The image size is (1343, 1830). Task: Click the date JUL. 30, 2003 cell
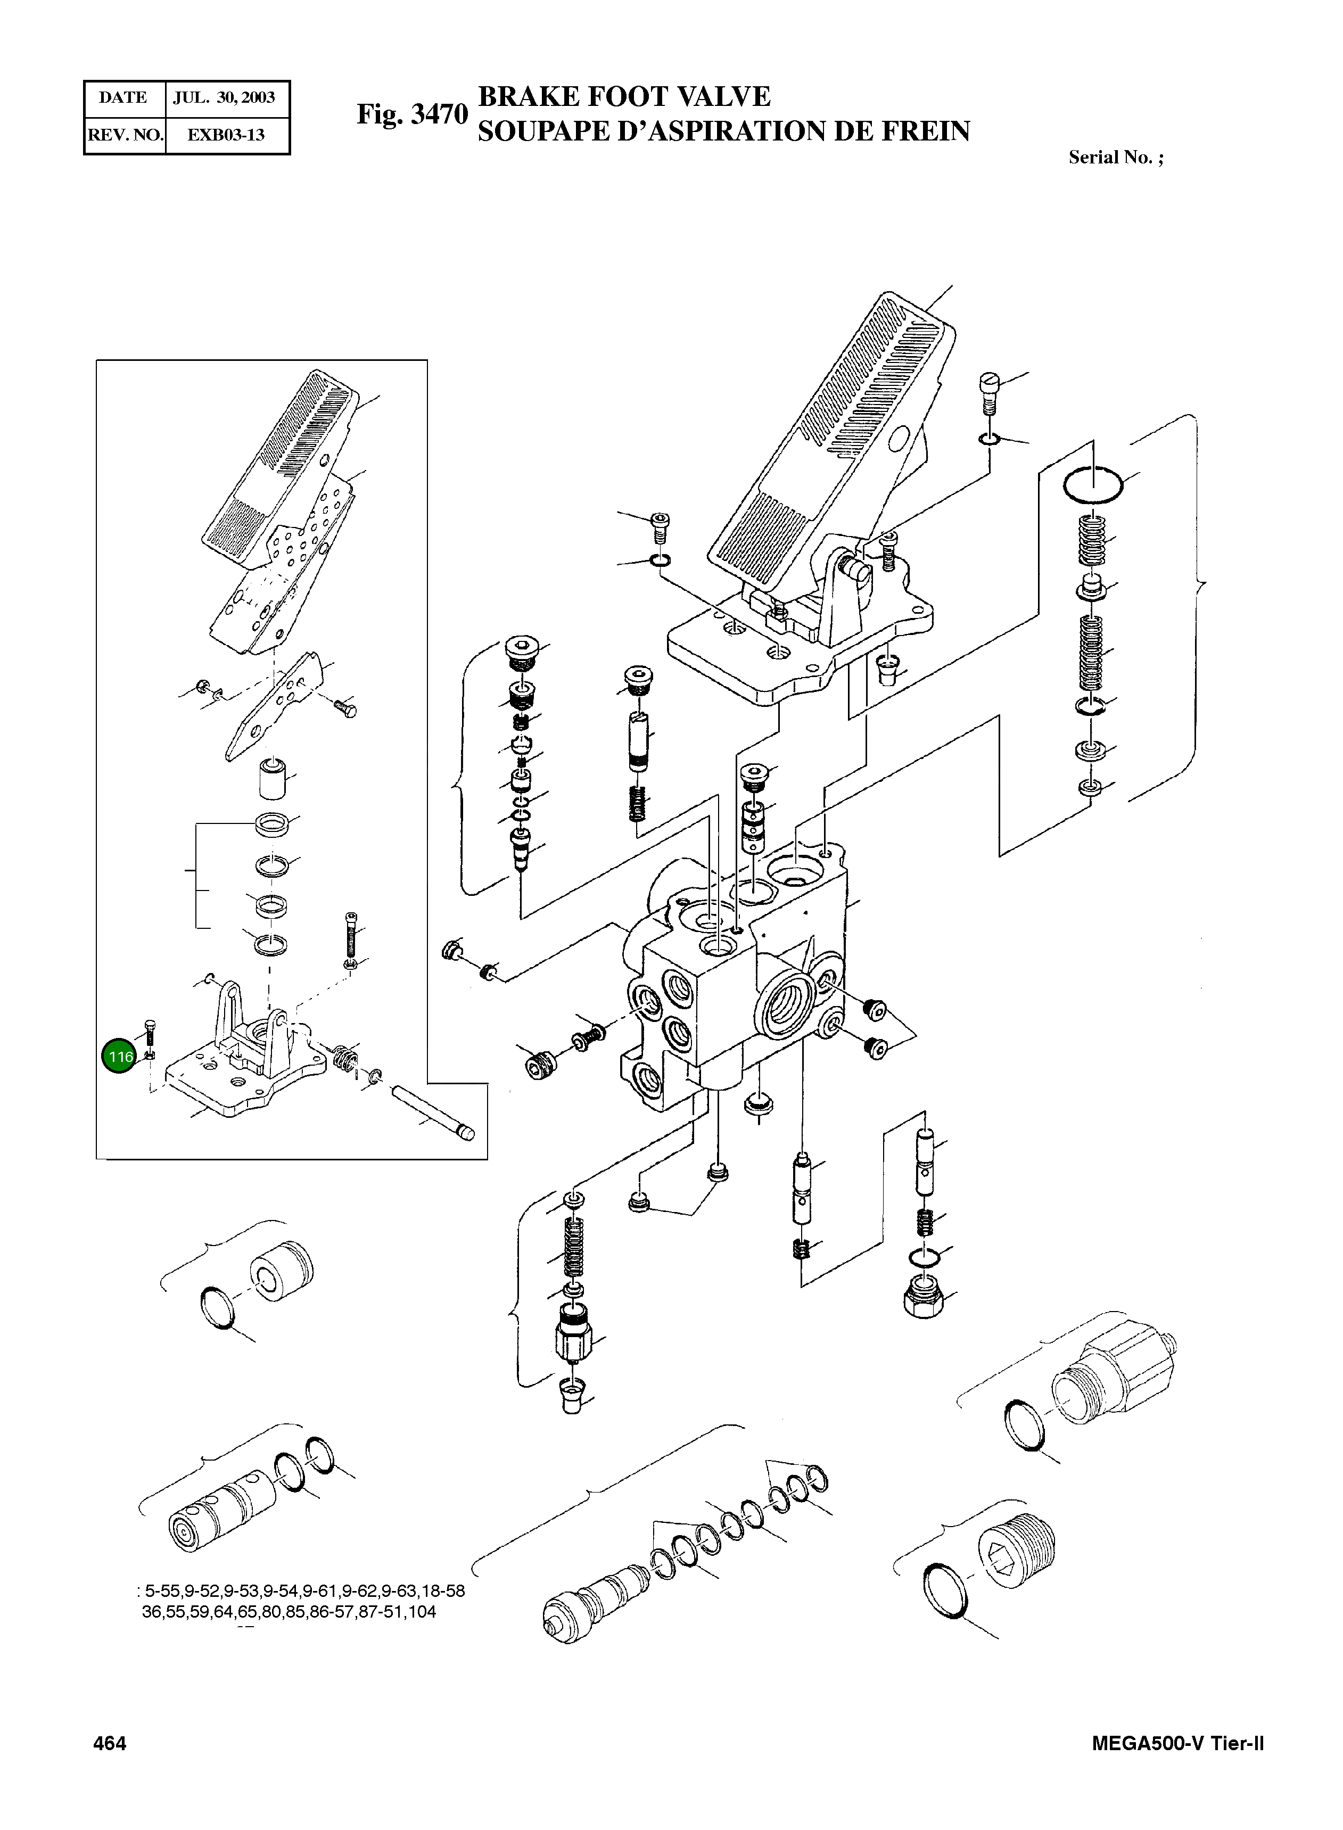225,97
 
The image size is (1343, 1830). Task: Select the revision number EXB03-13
226,135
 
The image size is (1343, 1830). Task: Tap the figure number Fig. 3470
412,114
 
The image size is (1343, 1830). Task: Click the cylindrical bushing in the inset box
273,779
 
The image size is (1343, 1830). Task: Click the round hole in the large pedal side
900,440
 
